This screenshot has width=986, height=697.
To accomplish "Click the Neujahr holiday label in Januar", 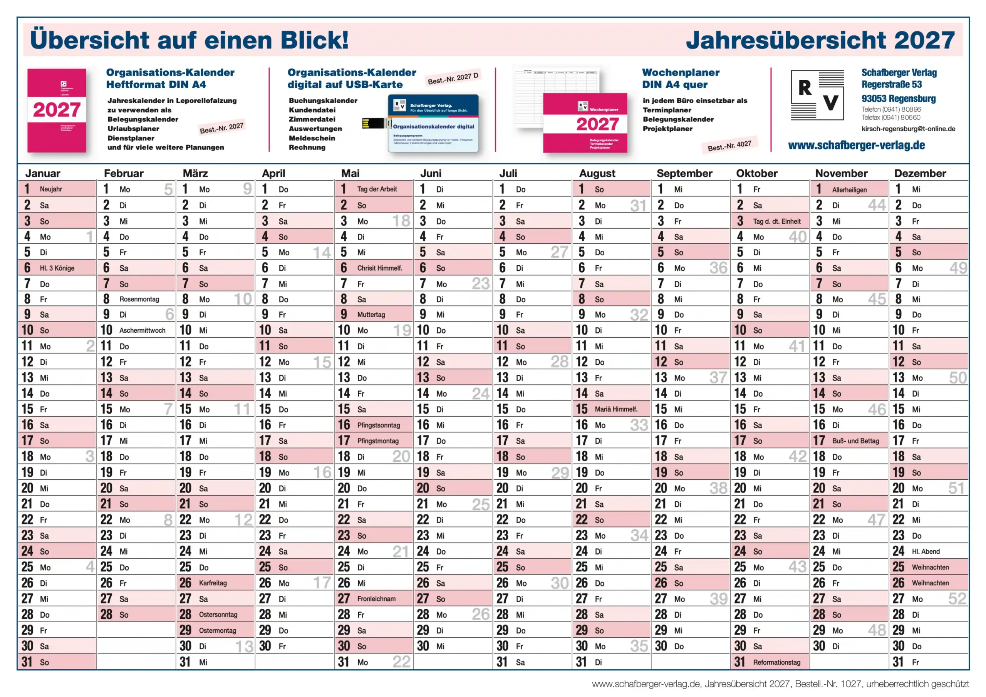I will (51, 189).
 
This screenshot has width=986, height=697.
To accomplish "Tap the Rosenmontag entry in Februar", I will (139, 299).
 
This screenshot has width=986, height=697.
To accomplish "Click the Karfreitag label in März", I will (213, 583).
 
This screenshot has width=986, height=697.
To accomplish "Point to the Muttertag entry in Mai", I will (371, 314).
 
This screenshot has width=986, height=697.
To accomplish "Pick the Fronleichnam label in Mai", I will (376, 599).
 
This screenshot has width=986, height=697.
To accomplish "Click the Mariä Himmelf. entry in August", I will (616, 409).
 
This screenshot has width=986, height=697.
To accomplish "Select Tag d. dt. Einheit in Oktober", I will (776, 221).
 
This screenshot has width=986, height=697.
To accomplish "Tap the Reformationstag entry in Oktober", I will (776, 662).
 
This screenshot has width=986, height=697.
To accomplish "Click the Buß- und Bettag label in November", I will (855, 441).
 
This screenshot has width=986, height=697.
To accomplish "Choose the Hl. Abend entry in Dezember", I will (926, 551).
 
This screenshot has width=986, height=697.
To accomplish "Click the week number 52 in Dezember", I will (957, 599).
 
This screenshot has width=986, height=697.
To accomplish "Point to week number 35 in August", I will (639, 646).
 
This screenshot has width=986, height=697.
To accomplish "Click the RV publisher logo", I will (817, 95).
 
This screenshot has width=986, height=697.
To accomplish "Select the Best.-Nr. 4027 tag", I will (729, 146).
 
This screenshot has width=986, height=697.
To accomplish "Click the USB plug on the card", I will (373, 124).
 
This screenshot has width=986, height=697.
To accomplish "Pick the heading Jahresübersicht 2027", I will (820, 40).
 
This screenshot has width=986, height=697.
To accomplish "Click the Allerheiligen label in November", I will (849, 189).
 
